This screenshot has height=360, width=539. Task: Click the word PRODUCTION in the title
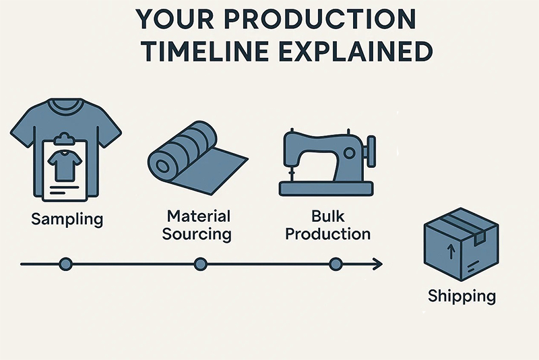319,19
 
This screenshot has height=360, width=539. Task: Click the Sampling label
67,219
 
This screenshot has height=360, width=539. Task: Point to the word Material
198,216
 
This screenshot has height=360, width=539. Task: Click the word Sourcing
197,235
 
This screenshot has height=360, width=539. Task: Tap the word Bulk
327,216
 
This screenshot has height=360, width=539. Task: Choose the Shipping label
462,297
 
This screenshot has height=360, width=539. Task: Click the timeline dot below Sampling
65,264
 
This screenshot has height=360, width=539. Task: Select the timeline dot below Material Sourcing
200,264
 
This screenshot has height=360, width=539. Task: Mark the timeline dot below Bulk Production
336,264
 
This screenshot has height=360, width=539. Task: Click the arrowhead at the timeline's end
378,264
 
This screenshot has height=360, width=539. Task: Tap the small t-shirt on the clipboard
65,165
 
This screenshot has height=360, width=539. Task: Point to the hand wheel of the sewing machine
371,151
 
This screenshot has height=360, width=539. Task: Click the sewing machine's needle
292,173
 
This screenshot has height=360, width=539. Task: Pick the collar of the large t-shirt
65,107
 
